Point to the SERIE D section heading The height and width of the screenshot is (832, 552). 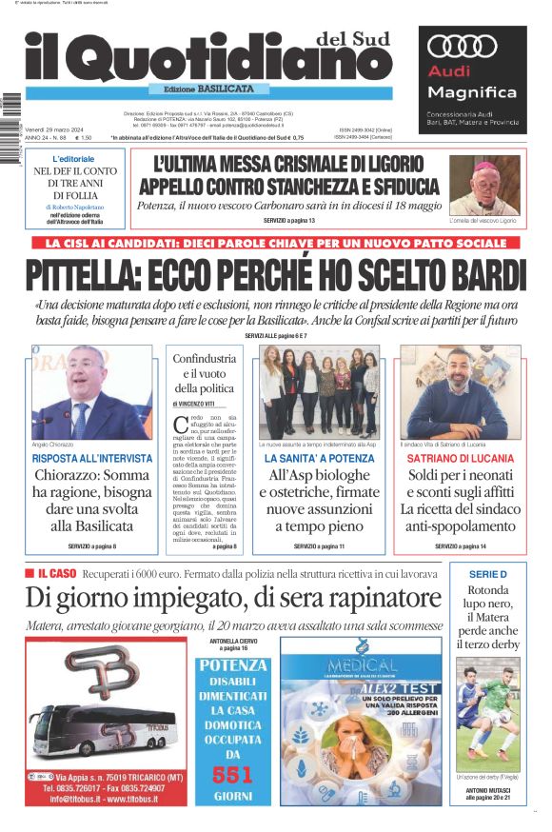click(489, 574)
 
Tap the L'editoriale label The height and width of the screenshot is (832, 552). click(73, 158)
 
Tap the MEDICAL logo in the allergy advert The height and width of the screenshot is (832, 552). click(361, 664)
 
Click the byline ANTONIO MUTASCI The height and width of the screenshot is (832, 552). click(488, 789)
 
